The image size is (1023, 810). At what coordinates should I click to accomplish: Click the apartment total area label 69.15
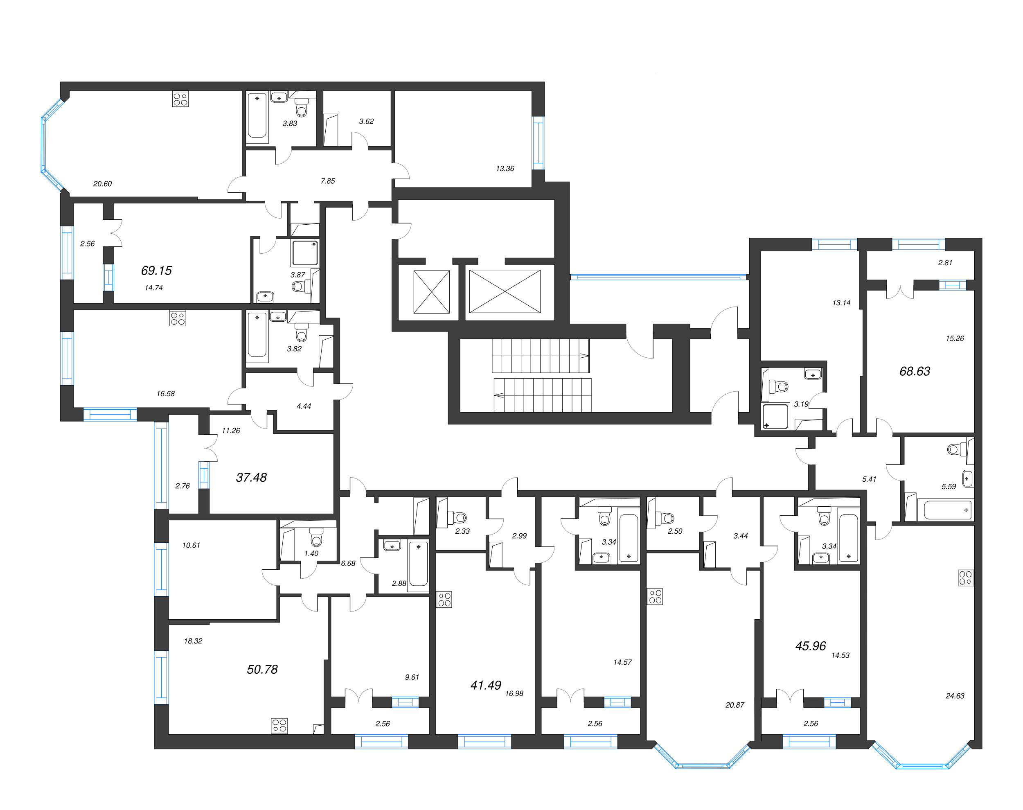[x=156, y=270]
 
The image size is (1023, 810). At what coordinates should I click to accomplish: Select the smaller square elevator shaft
[x=431, y=292]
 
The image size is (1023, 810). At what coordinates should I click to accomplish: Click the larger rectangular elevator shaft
[x=505, y=292]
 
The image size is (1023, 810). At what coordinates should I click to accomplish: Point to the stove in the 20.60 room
[x=180, y=99]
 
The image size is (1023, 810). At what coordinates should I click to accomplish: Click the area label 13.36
[x=505, y=168]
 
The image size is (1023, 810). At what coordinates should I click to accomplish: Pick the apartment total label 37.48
[x=251, y=478]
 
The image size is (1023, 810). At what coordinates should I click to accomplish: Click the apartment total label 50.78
[x=262, y=669]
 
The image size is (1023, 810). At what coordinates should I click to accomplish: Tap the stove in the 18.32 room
[x=279, y=725]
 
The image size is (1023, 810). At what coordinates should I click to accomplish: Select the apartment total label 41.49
[x=485, y=685]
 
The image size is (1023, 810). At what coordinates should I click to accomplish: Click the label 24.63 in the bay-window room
[x=955, y=696]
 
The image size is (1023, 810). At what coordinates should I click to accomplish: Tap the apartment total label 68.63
[x=915, y=371]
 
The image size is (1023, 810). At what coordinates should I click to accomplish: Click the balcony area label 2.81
[x=945, y=263]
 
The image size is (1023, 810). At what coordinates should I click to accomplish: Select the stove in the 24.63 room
[x=965, y=578]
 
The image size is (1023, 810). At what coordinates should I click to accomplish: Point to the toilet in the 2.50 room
[x=667, y=517]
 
